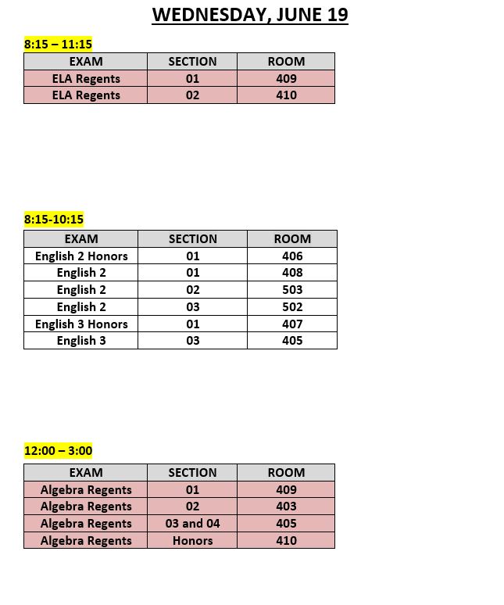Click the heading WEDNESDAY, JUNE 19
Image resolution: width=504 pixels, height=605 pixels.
[250, 14]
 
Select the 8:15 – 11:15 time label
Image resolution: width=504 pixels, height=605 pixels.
[58, 44]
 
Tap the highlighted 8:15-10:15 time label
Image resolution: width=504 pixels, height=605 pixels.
[54, 219]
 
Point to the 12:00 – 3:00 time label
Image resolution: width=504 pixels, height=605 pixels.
[59, 450]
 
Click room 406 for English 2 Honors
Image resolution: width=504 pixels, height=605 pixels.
[292, 256]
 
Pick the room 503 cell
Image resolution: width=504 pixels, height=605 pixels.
[292, 289]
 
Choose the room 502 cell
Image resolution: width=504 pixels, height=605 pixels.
[292, 306]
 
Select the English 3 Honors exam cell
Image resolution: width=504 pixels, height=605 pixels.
[81, 324]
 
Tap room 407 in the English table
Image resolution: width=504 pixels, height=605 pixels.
[292, 324]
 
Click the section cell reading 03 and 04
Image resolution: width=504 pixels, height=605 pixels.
[192, 523]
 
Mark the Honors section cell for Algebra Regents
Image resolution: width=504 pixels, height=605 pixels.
[192, 540]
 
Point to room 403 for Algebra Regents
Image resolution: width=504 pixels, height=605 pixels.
[286, 506]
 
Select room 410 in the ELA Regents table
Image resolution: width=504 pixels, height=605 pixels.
[286, 95]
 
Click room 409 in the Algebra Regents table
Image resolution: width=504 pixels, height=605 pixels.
[286, 489]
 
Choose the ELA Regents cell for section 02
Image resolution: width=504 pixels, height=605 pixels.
[86, 95]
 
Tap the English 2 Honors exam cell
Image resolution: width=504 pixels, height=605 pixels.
[81, 256]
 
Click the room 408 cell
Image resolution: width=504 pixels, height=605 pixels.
[292, 272]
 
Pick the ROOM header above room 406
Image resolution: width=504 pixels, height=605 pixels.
[292, 238]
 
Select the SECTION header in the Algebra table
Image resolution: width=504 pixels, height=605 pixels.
[192, 472]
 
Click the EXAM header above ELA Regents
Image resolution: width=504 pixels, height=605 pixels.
[86, 61]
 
